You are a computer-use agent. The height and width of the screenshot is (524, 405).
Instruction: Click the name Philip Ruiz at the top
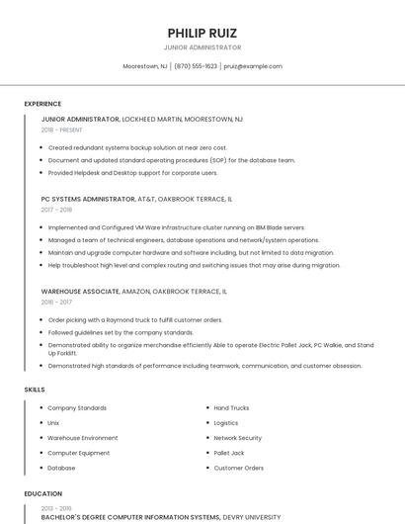[x=202, y=33]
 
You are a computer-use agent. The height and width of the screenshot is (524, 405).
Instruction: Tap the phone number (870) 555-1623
[x=196, y=66]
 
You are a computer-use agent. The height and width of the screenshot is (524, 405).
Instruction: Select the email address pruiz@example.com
[x=253, y=66]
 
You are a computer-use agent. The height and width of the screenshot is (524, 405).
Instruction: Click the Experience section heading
[x=42, y=104]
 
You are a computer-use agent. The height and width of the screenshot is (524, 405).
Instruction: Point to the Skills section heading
[x=35, y=390]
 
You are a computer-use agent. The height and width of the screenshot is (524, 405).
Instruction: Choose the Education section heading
[x=43, y=493]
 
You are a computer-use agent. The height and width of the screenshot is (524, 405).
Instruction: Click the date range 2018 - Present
[x=62, y=130]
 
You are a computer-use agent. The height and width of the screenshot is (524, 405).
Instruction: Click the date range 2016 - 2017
[x=56, y=303]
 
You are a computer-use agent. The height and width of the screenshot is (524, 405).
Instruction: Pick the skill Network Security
[x=237, y=438]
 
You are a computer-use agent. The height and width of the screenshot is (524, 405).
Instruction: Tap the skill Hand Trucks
[x=231, y=408]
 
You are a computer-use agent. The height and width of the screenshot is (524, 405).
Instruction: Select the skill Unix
[x=53, y=423]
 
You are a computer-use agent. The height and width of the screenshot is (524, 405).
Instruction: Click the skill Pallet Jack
[x=229, y=453]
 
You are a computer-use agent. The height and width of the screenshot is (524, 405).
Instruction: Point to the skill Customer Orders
[x=238, y=468]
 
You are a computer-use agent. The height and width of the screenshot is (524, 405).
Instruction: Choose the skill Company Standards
[x=77, y=408]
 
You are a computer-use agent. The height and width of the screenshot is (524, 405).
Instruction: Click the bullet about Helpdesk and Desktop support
[x=132, y=172]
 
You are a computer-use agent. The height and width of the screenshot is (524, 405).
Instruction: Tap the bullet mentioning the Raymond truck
[x=135, y=320]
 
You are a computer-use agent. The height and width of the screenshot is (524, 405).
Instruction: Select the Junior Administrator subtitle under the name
[x=202, y=47]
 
